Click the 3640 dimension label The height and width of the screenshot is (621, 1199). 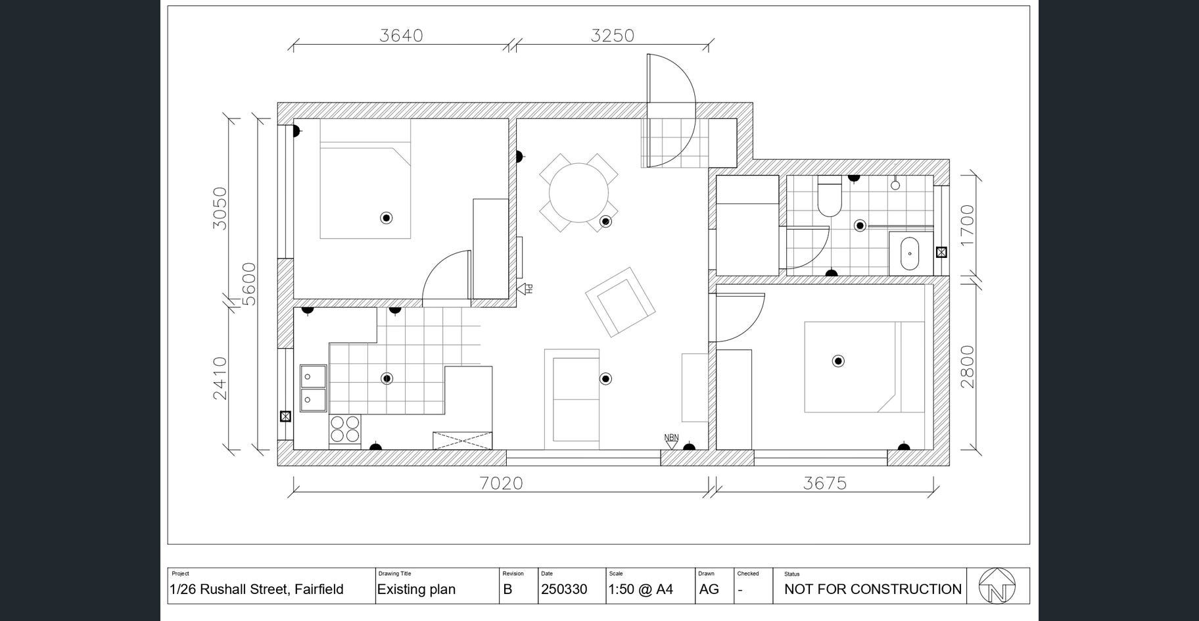pyautogui.click(x=401, y=35)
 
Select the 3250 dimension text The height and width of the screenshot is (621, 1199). pyautogui.click(x=612, y=35)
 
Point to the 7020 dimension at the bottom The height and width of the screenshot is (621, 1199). pyautogui.click(x=501, y=484)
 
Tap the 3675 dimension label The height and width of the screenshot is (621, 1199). pyautogui.click(x=825, y=484)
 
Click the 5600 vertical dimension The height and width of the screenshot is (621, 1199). pyautogui.click(x=248, y=284)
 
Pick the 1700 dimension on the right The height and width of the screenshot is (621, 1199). pyautogui.click(x=967, y=226)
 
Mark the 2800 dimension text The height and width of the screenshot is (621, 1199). pyautogui.click(x=967, y=366)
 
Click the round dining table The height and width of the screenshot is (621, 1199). pyautogui.click(x=578, y=193)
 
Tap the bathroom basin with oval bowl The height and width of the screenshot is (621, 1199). pyautogui.click(x=911, y=253)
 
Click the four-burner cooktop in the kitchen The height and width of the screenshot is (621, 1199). pyautogui.click(x=345, y=430)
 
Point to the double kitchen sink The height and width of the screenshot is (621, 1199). pyautogui.click(x=314, y=388)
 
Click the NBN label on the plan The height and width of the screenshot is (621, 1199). pyautogui.click(x=671, y=437)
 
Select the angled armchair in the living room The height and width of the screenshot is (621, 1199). pyautogui.click(x=621, y=302)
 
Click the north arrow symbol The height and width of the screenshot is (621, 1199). pyautogui.click(x=997, y=585)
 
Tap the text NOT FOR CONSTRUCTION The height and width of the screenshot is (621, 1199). pyautogui.click(x=873, y=589)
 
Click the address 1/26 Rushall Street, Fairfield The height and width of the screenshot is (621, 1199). pyautogui.click(x=256, y=589)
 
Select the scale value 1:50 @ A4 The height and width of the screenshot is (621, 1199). pyautogui.click(x=641, y=589)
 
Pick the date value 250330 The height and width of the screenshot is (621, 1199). pyautogui.click(x=564, y=589)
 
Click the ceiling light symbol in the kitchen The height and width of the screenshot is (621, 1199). pyautogui.click(x=387, y=378)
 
